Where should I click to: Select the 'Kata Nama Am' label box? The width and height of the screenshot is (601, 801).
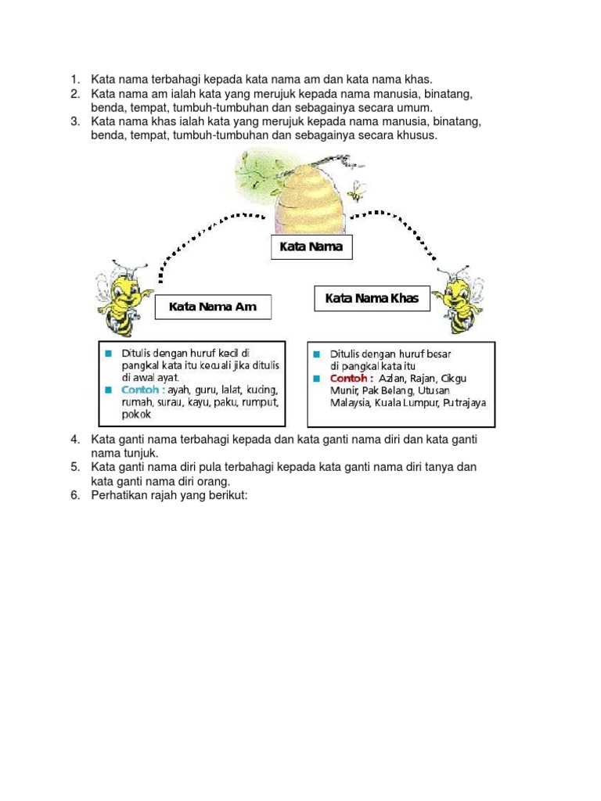(x=213, y=307)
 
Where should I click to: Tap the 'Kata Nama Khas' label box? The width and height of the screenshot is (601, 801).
(x=372, y=298)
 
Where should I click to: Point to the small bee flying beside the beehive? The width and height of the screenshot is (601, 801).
(x=358, y=189)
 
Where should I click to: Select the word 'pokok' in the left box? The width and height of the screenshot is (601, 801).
(x=135, y=415)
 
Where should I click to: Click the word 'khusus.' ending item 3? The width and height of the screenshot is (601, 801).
(x=418, y=135)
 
